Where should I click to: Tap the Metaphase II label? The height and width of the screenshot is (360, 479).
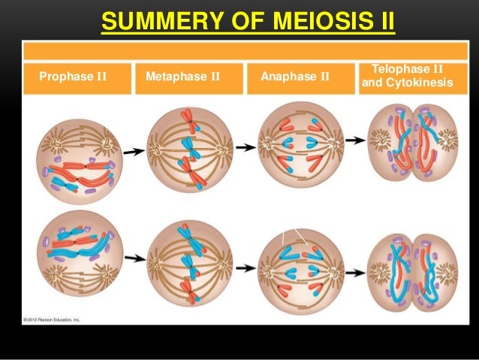pos(182,76)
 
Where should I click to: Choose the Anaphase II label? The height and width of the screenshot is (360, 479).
pos(294,76)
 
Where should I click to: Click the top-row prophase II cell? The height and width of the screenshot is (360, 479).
pos(79,156)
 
